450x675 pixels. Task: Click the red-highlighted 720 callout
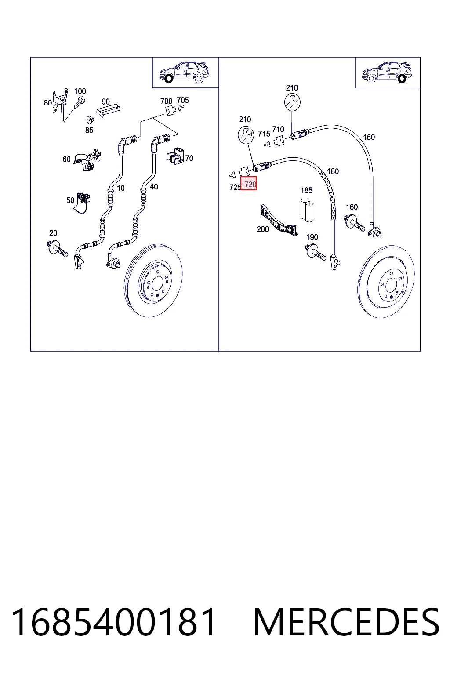tap(249, 184)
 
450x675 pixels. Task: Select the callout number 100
tap(80, 91)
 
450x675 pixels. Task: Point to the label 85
tap(89, 130)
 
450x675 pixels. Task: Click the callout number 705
tap(183, 100)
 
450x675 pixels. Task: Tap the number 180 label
tap(333, 171)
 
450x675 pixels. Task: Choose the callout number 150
tap(369, 138)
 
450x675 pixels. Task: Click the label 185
tap(306, 190)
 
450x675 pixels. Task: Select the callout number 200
tap(262, 229)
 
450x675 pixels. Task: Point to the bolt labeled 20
tap(57, 248)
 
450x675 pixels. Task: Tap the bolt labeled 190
tap(316, 253)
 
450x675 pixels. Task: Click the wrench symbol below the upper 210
tap(292, 102)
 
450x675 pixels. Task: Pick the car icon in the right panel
tap(387, 73)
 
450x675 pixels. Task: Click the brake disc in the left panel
tap(153, 281)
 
